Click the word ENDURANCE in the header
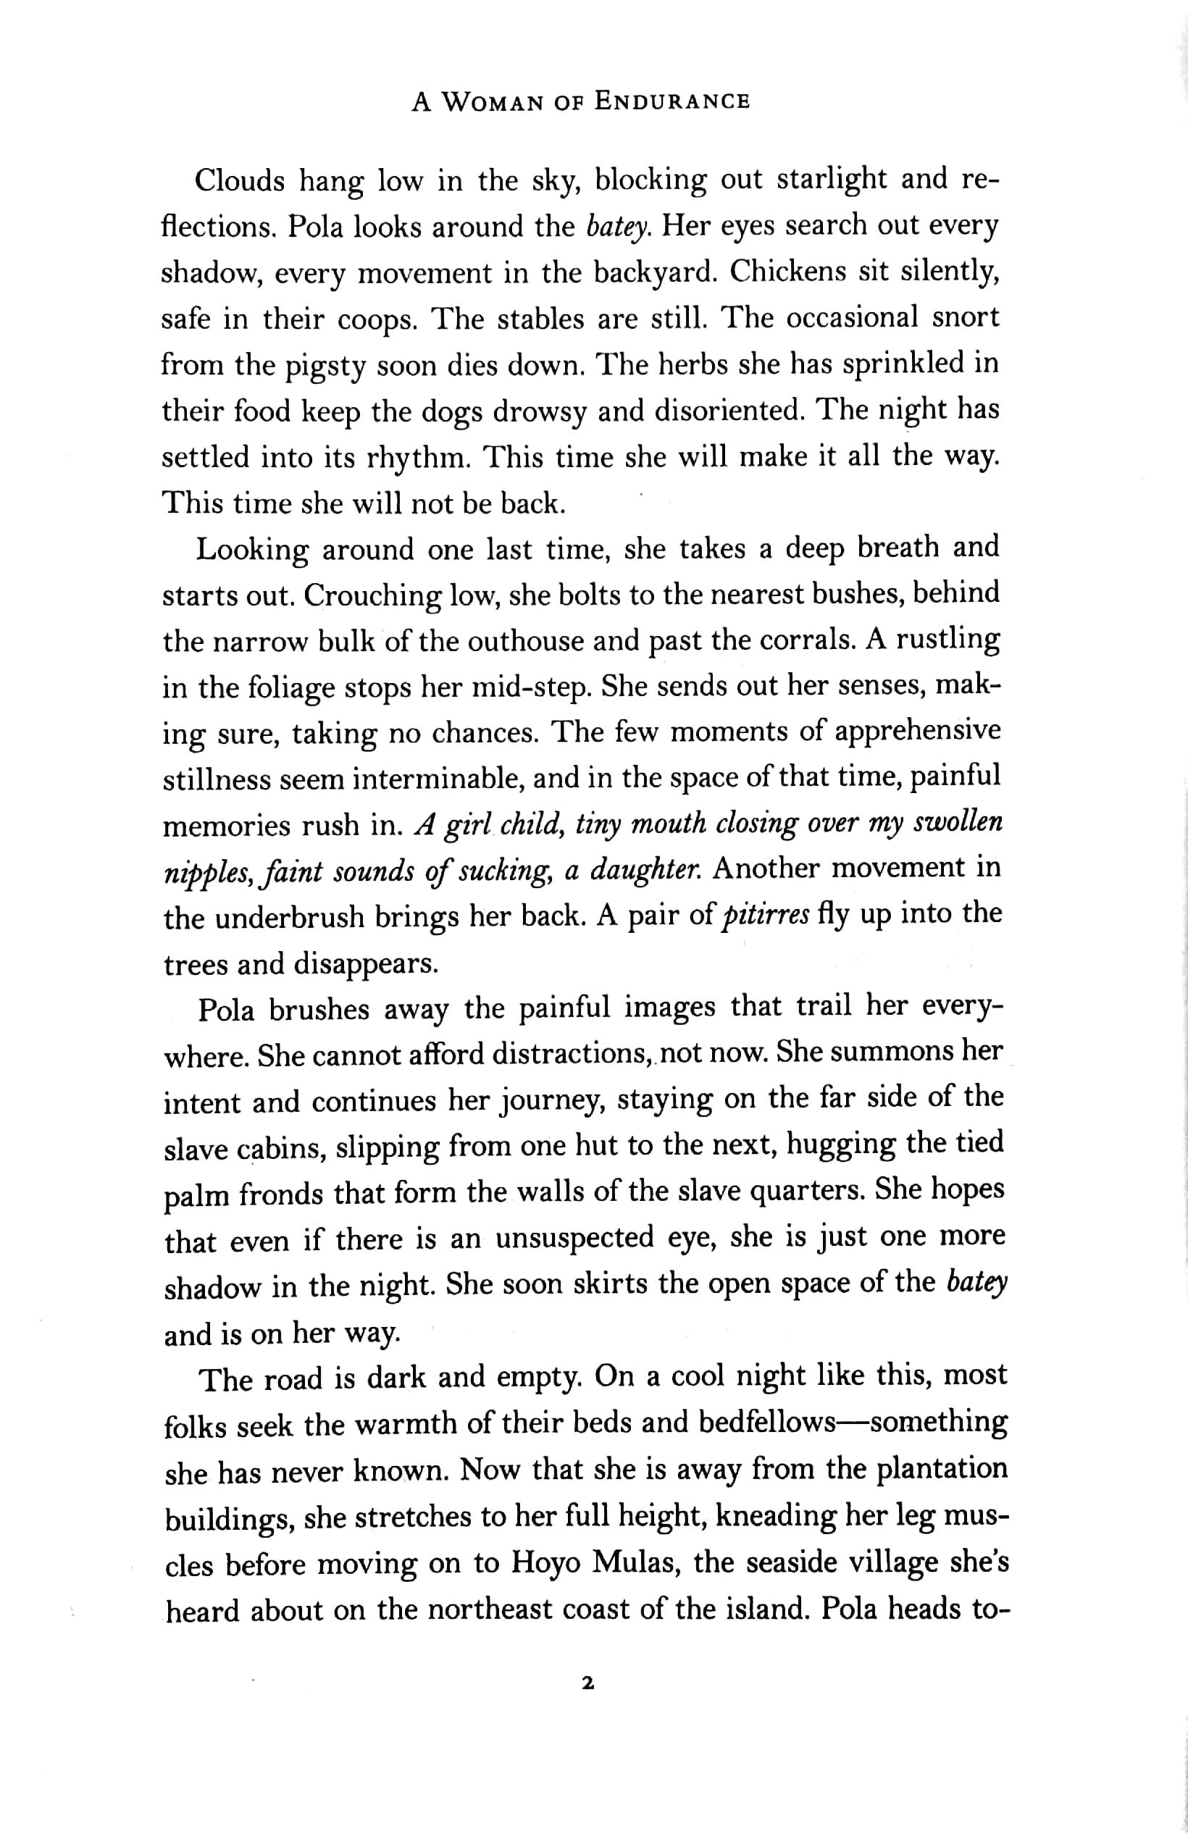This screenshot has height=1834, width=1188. point(672,102)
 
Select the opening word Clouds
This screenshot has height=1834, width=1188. point(240,182)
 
